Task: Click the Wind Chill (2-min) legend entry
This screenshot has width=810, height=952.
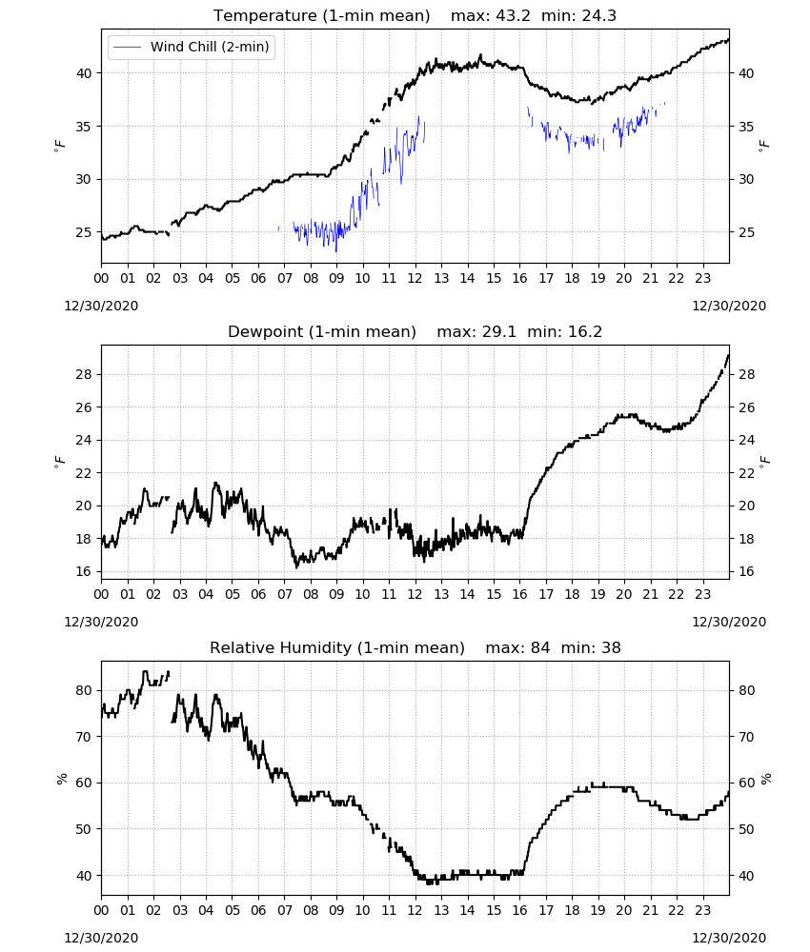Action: (x=192, y=47)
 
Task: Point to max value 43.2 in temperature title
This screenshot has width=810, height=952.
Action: (x=514, y=15)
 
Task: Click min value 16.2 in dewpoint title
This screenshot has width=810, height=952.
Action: (x=584, y=331)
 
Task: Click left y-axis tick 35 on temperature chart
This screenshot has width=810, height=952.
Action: (x=84, y=127)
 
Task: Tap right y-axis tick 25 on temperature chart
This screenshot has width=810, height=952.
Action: (x=746, y=232)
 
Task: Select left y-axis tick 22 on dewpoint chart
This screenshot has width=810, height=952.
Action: (x=84, y=473)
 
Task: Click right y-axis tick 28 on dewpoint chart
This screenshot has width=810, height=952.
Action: (x=746, y=374)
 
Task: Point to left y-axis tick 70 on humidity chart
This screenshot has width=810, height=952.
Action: (x=84, y=737)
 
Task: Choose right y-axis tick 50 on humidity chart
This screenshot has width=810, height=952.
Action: (x=746, y=829)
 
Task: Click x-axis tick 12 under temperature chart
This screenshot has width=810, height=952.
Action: (x=415, y=279)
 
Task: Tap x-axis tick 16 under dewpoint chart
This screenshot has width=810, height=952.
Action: (x=519, y=594)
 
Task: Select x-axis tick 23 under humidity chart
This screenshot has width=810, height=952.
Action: (x=702, y=911)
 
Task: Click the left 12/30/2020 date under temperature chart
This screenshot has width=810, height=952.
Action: (x=101, y=306)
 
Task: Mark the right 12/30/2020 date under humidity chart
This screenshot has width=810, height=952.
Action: (x=729, y=938)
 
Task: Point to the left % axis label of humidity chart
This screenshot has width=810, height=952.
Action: (x=61, y=779)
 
